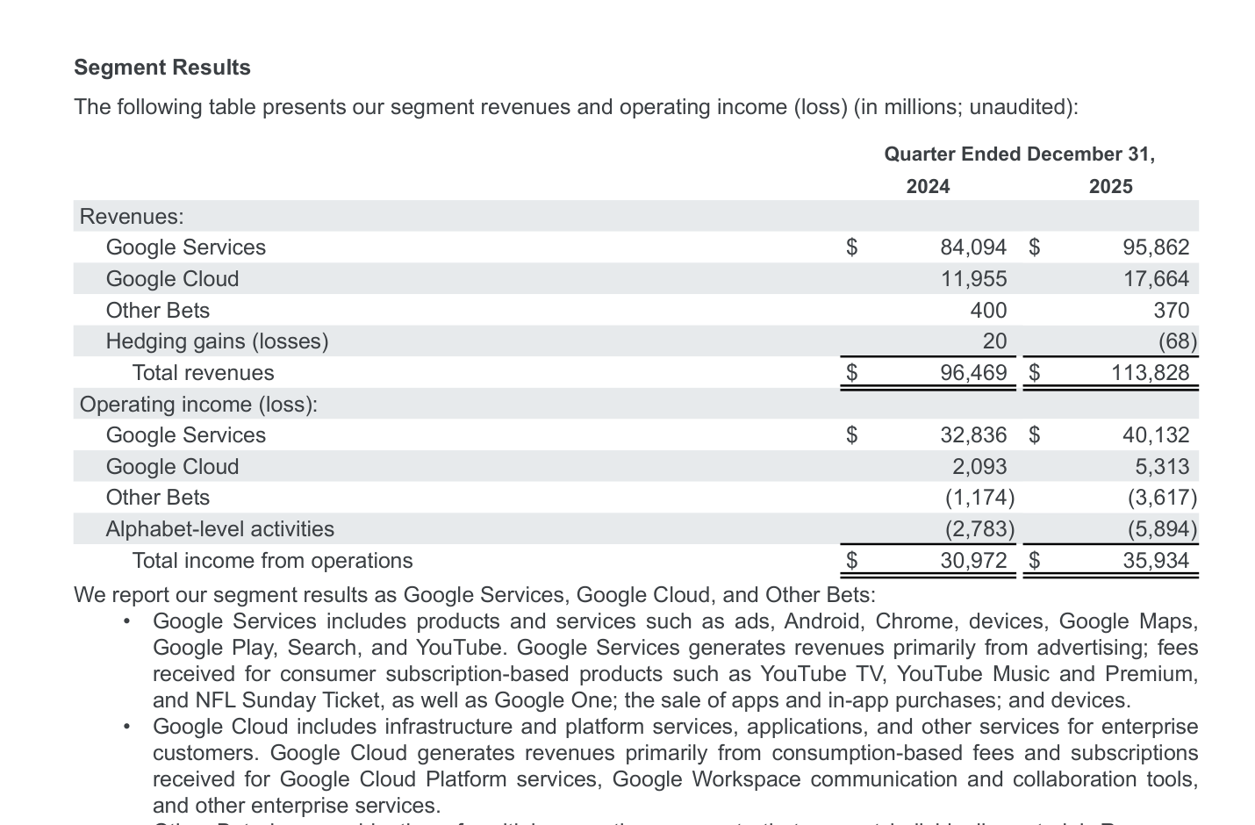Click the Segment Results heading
click(x=162, y=68)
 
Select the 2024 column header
click(x=928, y=186)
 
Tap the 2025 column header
click(x=1110, y=186)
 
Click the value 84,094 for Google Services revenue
click(x=972, y=247)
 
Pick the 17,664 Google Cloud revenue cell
click(x=1156, y=279)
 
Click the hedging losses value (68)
click(x=1177, y=341)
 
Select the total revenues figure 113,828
click(x=1150, y=373)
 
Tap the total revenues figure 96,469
click(x=972, y=373)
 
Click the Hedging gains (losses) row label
click(x=217, y=341)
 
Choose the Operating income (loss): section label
click(x=198, y=405)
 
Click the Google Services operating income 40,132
click(x=1156, y=435)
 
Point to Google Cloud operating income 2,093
click(x=979, y=467)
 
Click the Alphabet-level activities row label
click(x=219, y=529)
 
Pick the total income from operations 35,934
click(x=1156, y=561)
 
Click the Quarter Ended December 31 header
click(x=1019, y=154)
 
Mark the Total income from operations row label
click(x=272, y=561)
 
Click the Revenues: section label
click(x=132, y=217)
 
